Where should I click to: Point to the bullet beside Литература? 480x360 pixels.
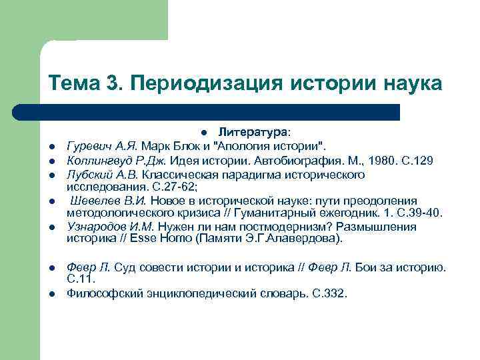pyautogui.click(x=208, y=131)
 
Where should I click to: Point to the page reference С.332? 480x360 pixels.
pyautogui.click(x=329, y=293)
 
